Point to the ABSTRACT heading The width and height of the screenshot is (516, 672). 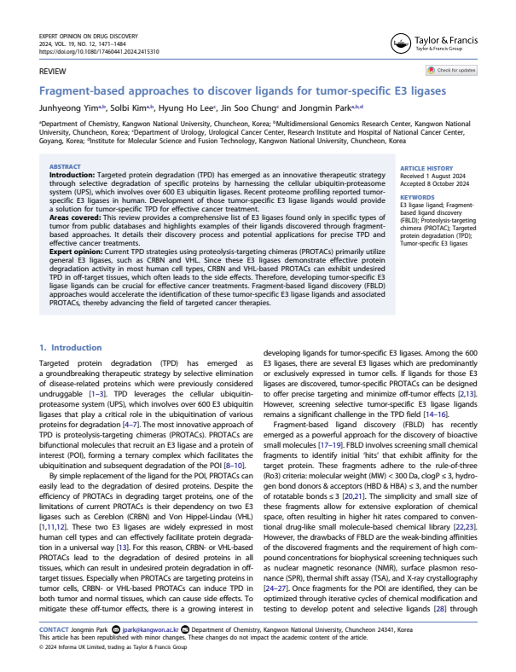pyautogui.click(x=66, y=166)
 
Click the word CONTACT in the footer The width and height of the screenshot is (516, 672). pyautogui.click(x=55, y=629)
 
